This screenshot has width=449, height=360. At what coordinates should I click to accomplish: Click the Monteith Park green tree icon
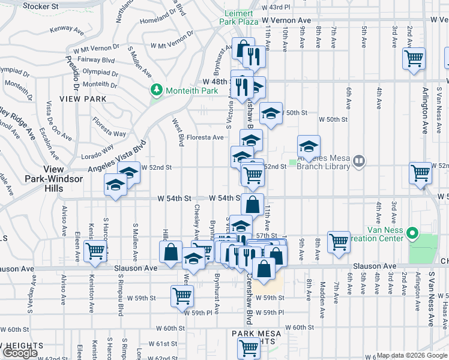tap(157, 90)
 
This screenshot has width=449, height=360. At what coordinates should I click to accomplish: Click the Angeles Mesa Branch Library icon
tap(358, 160)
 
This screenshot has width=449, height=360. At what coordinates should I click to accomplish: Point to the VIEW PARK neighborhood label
tap(83, 99)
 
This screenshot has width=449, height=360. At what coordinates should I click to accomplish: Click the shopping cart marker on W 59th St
tap(182, 295)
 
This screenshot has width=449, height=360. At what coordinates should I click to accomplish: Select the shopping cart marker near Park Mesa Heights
tap(248, 347)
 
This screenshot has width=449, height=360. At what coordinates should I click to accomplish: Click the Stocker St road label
tap(42, 7)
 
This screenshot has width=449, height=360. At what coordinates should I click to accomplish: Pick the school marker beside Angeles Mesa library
tap(309, 146)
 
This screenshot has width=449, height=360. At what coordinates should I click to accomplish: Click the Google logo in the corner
tap(19, 353)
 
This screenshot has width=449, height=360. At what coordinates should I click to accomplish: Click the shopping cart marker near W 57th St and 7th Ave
tap(339, 241)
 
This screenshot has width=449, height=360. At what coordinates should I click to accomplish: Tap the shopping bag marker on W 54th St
tap(252, 204)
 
